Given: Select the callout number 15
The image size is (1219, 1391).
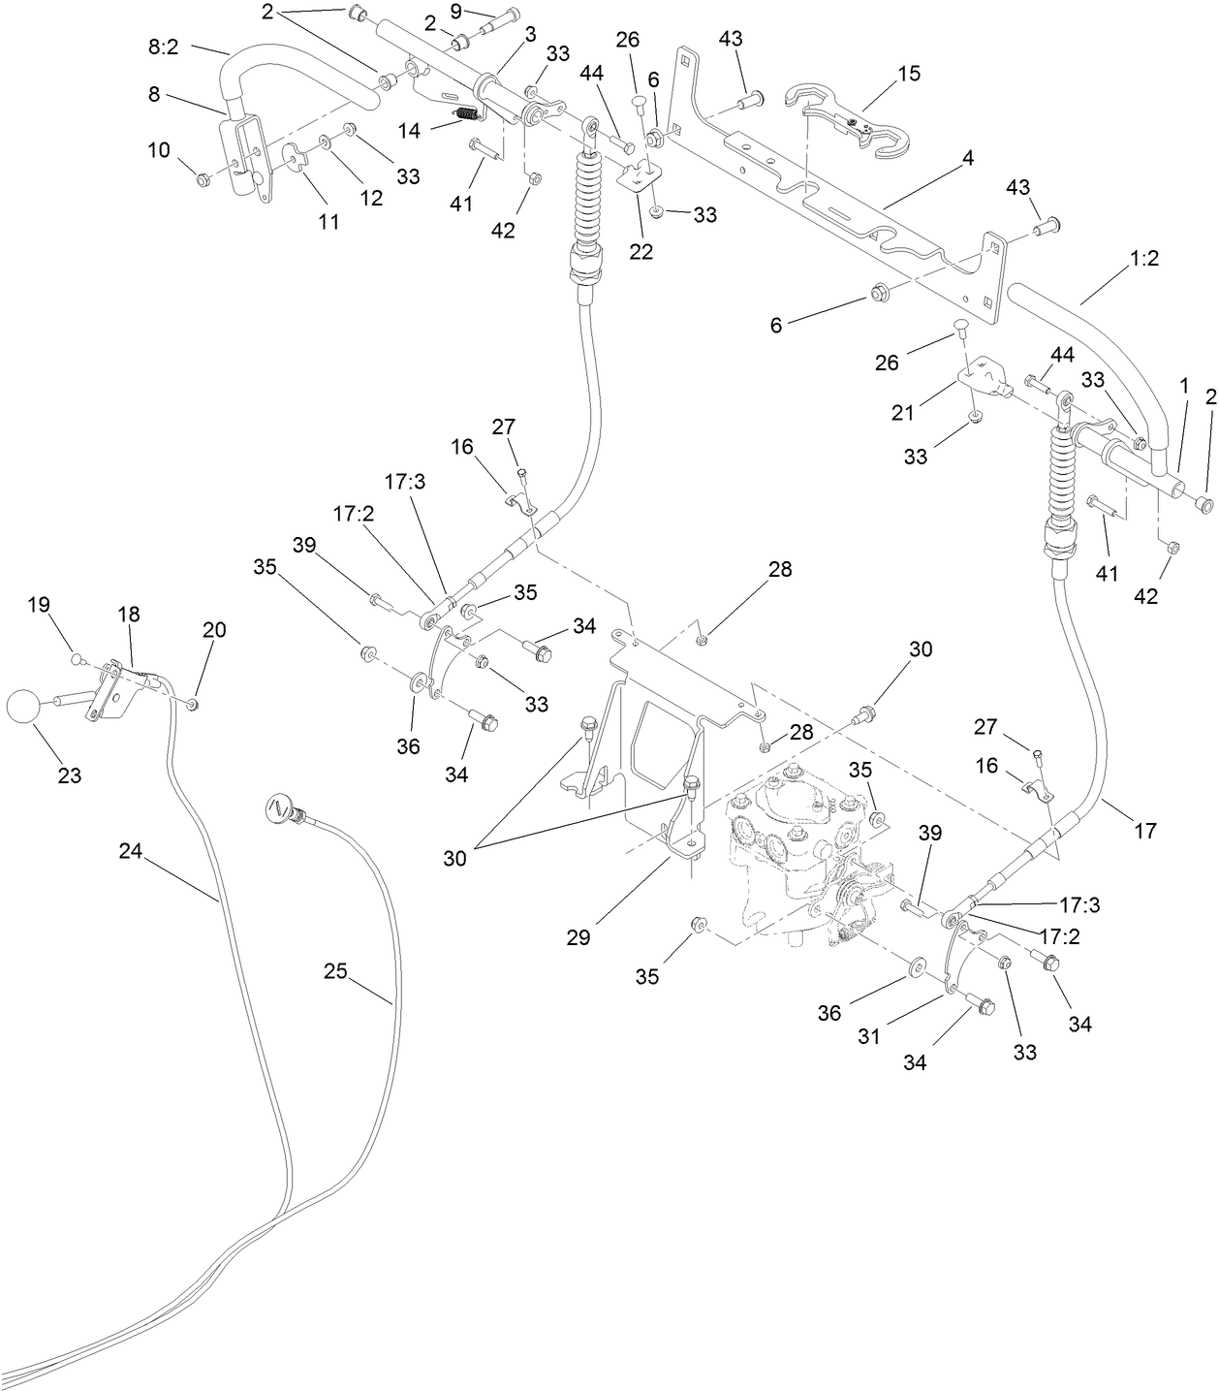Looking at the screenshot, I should click(x=908, y=74).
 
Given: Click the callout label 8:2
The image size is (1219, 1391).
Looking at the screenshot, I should click(x=163, y=46).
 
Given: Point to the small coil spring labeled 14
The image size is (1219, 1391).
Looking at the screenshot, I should click(x=468, y=115).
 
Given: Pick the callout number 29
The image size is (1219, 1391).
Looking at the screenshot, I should click(x=578, y=937).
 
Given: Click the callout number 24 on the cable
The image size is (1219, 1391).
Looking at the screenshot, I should click(x=131, y=851).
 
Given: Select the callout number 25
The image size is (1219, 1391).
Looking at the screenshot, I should click(x=335, y=971).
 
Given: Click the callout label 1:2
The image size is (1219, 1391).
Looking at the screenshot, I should click(x=1143, y=259).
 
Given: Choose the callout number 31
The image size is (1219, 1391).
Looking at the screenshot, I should click(x=869, y=1035).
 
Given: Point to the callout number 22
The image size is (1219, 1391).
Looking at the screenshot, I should click(x=641, y=252).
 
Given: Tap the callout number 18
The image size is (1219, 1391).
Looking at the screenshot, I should click(x=128, y=614).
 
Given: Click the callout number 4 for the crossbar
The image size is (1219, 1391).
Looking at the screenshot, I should click(x=967, y=158).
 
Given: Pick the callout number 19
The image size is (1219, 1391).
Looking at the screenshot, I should click(x=38, y=605).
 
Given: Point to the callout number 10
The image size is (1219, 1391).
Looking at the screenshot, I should click(x=158, y=150).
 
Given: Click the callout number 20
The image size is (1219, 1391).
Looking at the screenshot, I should click(x=214, y=630).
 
